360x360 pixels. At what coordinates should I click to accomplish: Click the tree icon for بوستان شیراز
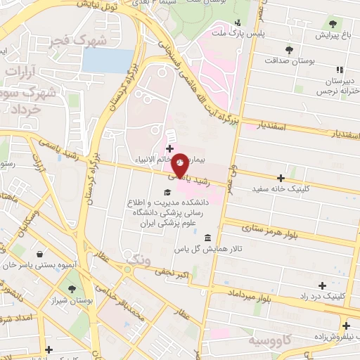click(71, 288)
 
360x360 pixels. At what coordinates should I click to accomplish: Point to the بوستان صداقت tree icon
click(289, 49)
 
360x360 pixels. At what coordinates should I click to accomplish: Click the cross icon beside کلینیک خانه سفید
click(281, 178)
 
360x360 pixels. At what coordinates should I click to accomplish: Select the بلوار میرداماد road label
click(249, 295)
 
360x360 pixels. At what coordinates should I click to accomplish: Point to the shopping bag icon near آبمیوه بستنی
click(39, 255)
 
